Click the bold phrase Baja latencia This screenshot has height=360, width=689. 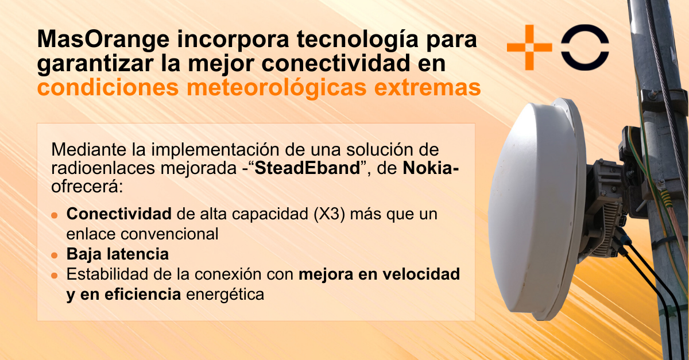pyautogui.click(x=118, y=254)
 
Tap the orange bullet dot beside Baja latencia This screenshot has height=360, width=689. pyautogui.click(x=55, y=255)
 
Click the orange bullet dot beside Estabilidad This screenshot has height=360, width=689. pyautogui.click(x=55, y=276)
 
